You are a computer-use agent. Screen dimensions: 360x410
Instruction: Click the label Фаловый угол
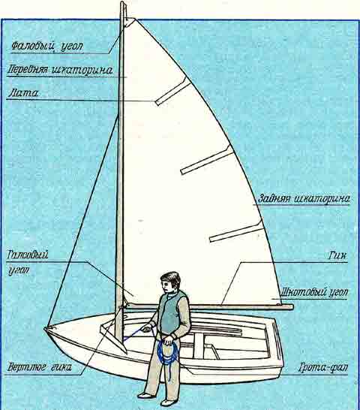(47, 47)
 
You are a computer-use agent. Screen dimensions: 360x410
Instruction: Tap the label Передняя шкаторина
(60, 70)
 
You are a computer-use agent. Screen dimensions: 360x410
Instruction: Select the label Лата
(23, 93)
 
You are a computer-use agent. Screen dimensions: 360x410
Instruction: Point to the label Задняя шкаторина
(304, 198)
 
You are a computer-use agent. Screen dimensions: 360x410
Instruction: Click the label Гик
(337, 255)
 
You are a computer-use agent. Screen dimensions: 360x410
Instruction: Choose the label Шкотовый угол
(314, 292)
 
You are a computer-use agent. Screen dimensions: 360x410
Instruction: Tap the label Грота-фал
(323, 367)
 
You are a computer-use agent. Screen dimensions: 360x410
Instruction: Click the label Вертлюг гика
(39, 367)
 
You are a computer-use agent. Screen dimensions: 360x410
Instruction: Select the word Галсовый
(28, 255)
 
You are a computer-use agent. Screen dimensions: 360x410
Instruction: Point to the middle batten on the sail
(207, 160)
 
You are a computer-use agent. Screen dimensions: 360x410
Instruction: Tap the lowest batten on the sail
(236, 231)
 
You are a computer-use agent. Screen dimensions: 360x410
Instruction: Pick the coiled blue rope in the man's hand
(167, 351)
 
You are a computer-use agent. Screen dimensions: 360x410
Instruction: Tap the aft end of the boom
(292, 306)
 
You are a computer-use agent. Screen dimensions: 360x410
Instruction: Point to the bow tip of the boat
(46, 328)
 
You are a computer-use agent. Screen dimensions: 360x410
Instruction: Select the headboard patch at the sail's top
(129, 23)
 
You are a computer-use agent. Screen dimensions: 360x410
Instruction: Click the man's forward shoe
(145, 395)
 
